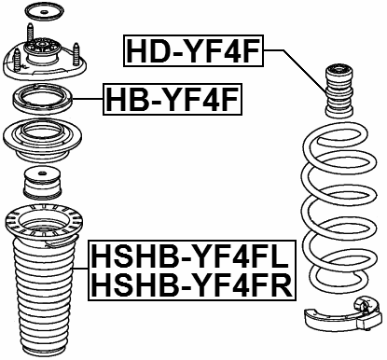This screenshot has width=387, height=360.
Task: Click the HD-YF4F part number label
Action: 194,50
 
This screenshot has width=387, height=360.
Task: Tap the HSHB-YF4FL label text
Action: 190,253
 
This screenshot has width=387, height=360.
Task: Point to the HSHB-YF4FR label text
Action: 190,283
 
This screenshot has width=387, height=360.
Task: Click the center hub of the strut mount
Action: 41,63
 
